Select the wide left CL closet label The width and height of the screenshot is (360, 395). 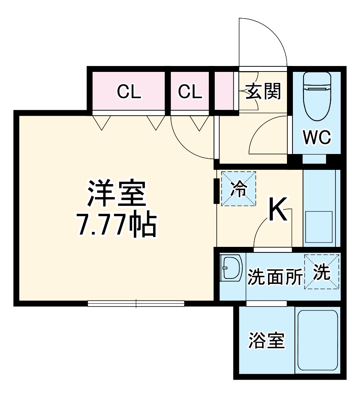129,92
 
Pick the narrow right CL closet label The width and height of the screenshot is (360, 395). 190,92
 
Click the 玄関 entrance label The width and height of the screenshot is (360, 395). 264,92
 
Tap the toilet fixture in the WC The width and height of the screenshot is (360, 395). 317,96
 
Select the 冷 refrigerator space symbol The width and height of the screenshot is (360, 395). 238,189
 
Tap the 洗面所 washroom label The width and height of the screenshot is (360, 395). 275,277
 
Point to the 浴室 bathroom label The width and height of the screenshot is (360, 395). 266,340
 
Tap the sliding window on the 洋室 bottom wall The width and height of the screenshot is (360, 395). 136,303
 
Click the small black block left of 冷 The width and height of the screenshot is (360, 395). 216,191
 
